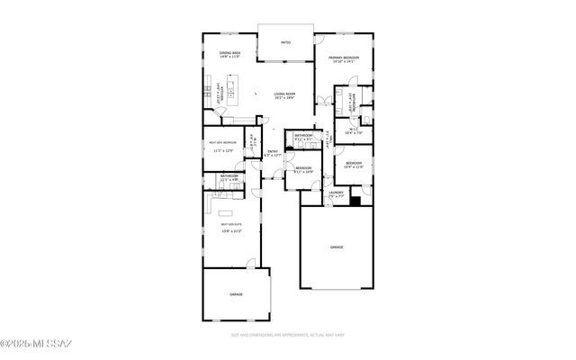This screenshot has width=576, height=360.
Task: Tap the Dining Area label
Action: pos(229,54)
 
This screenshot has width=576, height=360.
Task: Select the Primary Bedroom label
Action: pos(344,58)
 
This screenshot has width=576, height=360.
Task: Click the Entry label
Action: pos(273,153)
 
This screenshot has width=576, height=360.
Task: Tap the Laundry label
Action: pos(335,193)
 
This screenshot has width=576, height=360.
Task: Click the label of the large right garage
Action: pos(337,247)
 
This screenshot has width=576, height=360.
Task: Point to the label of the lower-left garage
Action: pos(236,294)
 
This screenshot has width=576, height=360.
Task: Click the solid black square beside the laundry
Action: pos(356,200)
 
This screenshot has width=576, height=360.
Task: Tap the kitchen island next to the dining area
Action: pos(231,90)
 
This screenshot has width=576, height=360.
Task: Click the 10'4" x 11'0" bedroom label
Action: pos(354,165)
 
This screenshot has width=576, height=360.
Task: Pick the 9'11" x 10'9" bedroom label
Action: pos(302,169)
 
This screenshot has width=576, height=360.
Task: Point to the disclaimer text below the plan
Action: pos(287,334)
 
